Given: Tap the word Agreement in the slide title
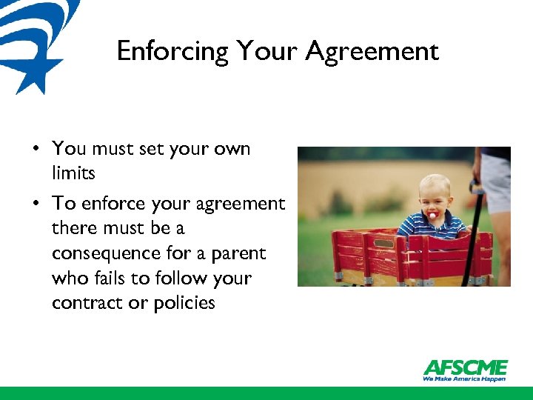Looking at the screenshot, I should pyautogui.click(x=372, y=52).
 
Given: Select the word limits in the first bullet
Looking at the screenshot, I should pyautogui.click(x=73, y=173).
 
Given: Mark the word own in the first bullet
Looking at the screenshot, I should pyautogui.click(x=232, y=149).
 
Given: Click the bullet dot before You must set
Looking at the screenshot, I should pyautogui.click(x=36, y=149).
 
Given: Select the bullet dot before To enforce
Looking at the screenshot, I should pyautogui.click(x=36, y=203).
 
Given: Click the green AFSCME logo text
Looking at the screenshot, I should pyautogui.click(x=465, y=367).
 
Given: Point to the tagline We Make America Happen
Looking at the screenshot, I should pyautogui.click(x=465, y=379).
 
